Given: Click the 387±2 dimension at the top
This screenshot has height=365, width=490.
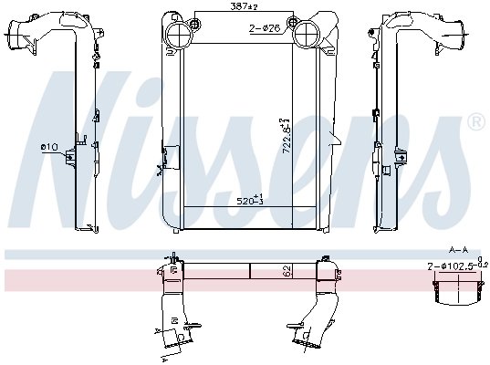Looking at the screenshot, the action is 245,6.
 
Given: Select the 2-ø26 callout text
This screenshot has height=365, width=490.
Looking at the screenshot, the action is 264,29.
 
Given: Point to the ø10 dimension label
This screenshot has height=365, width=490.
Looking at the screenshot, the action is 49,147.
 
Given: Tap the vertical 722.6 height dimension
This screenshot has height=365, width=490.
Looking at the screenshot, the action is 286,136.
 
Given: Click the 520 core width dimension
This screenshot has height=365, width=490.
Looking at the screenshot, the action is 250,199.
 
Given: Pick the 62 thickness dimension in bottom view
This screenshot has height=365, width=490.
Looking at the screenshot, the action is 287,271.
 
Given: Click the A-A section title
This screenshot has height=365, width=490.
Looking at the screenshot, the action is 458,250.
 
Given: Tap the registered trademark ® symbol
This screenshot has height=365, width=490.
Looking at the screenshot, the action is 476,122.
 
